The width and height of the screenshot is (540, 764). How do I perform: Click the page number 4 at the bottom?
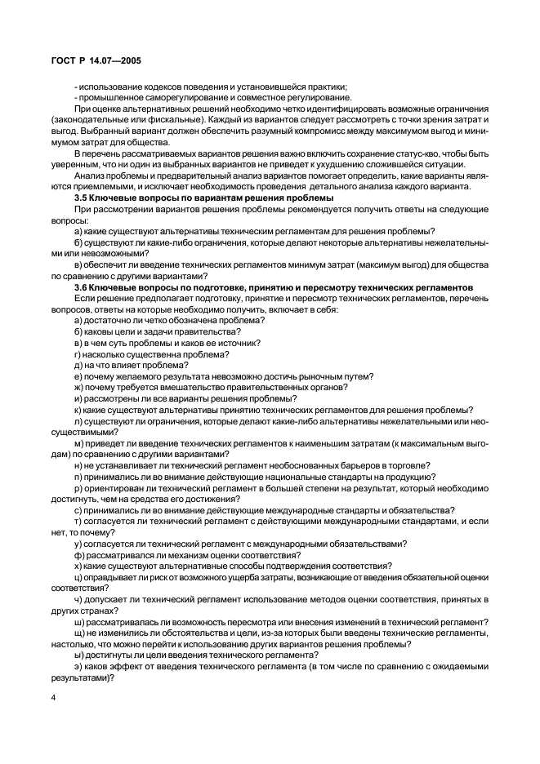(52, 699)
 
